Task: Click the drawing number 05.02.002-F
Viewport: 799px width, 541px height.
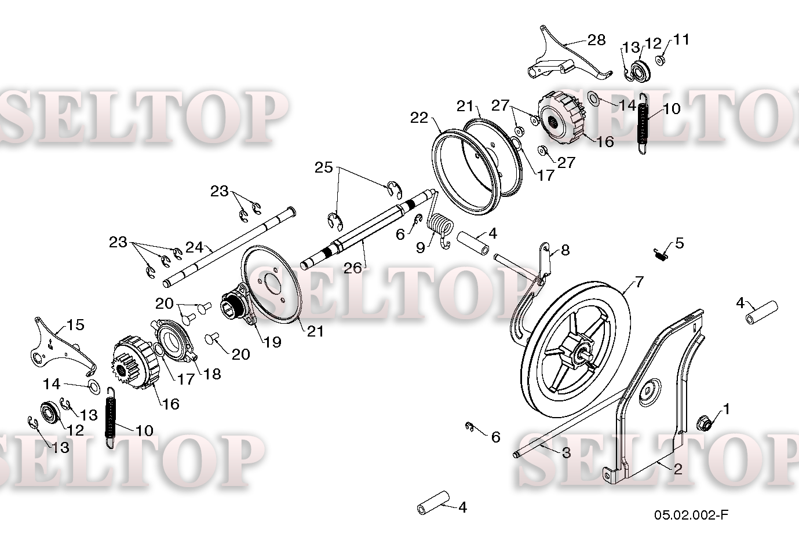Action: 691,514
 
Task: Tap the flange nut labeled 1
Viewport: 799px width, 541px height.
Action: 705,423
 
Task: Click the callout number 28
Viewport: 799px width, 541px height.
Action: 596,39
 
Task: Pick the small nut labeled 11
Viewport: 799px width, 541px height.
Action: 659,60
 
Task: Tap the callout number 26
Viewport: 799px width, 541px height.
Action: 353,268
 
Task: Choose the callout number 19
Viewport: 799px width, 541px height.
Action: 272,342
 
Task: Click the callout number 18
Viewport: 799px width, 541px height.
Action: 213,374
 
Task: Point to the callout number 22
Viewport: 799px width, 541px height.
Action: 419,118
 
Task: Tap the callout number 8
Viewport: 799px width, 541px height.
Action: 565,250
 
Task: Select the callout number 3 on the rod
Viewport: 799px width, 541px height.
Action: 566,453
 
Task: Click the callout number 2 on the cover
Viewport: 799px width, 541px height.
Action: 677,469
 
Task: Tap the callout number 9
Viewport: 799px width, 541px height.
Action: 420,248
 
